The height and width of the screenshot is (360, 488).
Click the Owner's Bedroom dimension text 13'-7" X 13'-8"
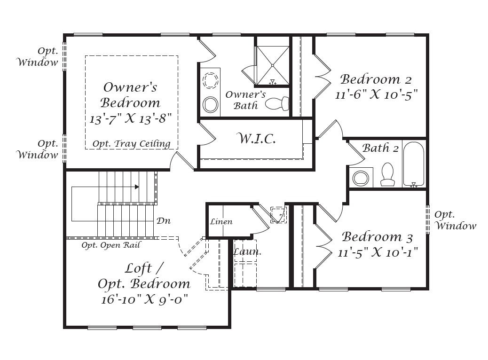pos(131,118)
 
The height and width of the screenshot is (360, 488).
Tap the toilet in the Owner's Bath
pos(277,103)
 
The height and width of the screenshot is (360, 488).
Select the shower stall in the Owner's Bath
pos(272,65)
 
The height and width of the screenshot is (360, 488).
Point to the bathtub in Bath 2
pos(414,164)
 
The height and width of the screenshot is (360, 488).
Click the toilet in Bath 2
pos(387,174)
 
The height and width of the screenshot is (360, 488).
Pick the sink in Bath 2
pos(361,178)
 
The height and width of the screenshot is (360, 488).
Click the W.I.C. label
pos(256,139)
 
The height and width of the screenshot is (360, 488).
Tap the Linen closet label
pos(221,221)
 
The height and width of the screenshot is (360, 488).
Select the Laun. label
pos(247,251)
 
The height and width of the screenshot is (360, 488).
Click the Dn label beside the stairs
pos(164,221)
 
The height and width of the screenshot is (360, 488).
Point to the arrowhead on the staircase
pos(137,187)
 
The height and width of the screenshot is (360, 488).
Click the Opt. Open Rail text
pos(111,245)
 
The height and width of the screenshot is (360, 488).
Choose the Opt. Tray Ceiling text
pos(131,144)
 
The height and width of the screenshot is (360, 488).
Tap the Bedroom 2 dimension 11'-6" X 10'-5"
pos(376,94)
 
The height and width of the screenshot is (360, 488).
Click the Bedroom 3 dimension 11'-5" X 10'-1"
pos(378,252)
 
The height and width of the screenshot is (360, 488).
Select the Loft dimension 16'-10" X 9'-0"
pos(145,299)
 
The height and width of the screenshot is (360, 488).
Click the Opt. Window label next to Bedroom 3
pos(455,220)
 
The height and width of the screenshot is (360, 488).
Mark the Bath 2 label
pos(380,148)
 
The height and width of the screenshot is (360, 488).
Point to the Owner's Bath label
pos(245,100)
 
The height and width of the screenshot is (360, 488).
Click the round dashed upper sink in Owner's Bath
pos(210,79)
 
